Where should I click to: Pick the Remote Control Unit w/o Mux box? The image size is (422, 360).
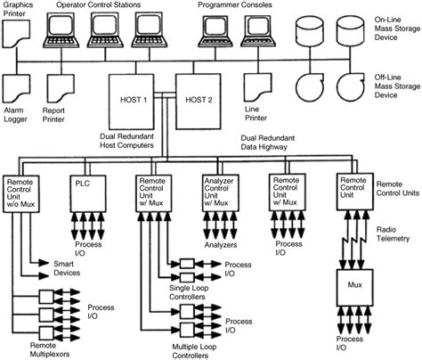click(24, 193)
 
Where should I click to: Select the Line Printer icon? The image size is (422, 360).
click(257, 87)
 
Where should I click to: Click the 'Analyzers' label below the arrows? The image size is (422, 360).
click(220, 241)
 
